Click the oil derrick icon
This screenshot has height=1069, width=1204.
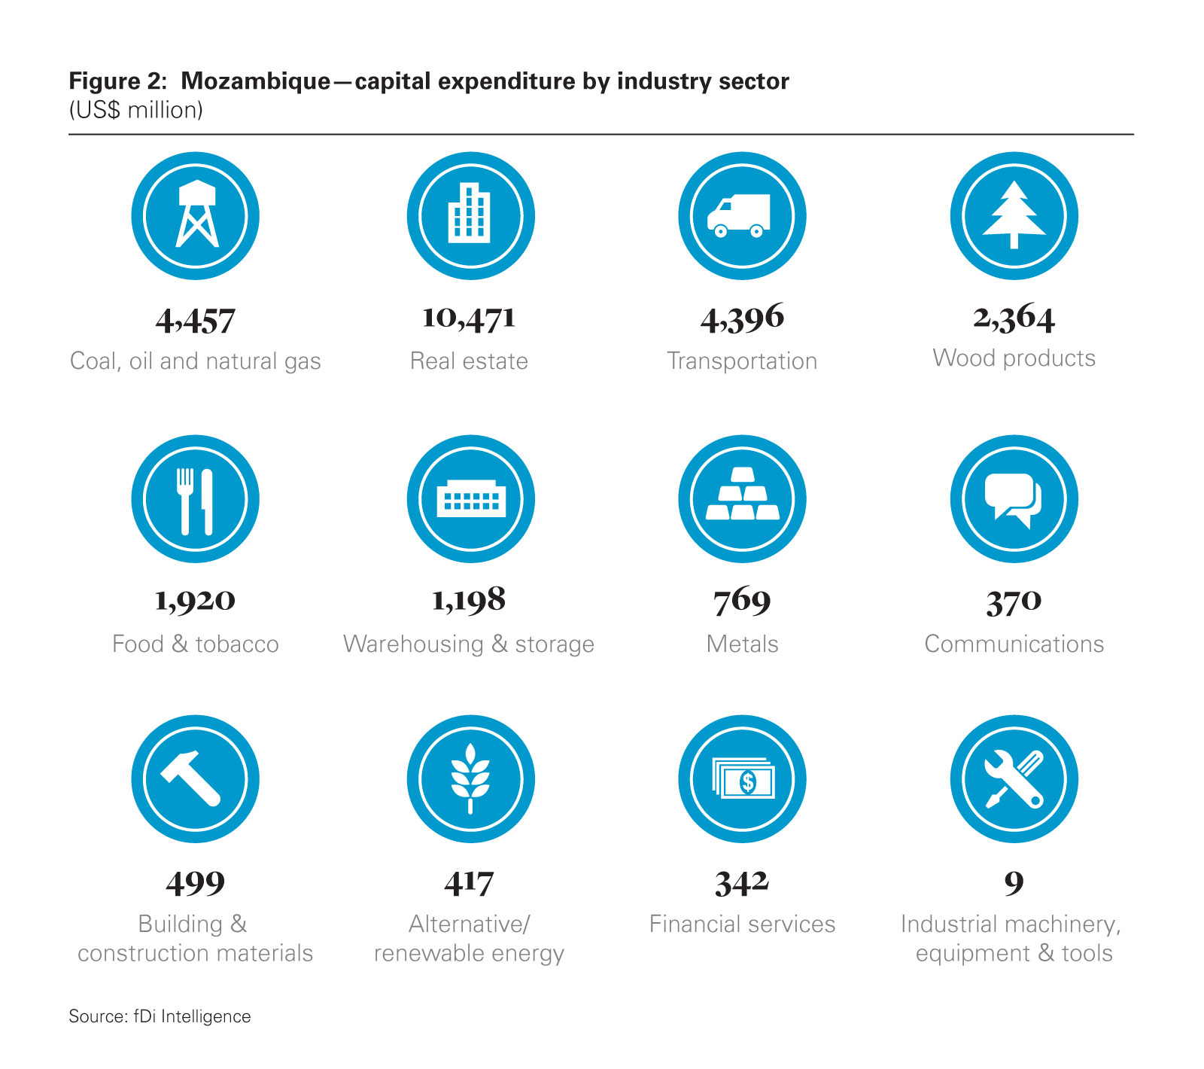point(196,215)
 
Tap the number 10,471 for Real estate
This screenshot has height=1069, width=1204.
point(469,318)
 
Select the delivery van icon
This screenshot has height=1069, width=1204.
point(741,215)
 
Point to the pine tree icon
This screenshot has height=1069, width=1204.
point(1014,215)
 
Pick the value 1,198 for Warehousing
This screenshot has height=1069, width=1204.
point(469,600)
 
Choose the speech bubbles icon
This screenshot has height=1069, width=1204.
point(1014,499)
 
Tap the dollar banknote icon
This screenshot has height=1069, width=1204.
point(743,779)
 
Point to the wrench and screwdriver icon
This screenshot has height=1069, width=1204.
point(1014,779)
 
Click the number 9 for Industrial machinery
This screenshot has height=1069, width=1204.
point(1014,882)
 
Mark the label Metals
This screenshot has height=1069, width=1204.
point(742,644)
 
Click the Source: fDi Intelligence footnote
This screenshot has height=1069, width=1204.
point(160,1016)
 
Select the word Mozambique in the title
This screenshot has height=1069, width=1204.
point(255,81)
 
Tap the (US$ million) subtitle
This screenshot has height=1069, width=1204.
point(135,111)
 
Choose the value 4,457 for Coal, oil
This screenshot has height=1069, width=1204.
point(196,321)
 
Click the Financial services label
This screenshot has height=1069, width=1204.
point(742,924)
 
